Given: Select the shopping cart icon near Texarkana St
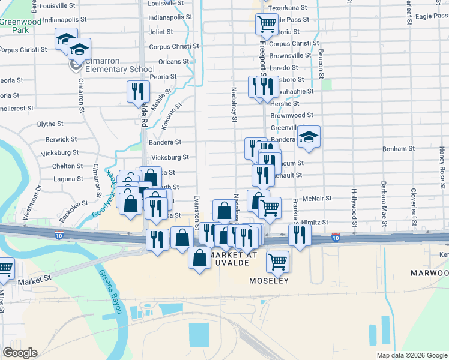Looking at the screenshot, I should [267, 24].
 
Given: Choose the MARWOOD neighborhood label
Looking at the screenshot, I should [429, 273].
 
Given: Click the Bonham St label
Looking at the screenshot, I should [399, 148].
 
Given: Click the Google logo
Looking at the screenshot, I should [19, 353].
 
